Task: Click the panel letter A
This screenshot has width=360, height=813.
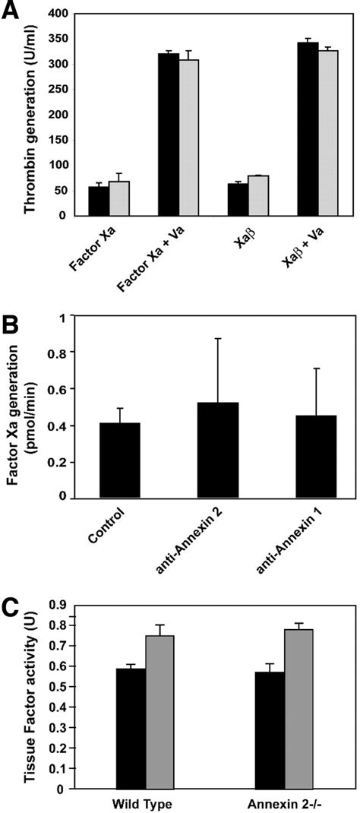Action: click(12, 14)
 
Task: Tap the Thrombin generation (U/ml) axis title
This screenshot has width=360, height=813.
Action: click(27, 114)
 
